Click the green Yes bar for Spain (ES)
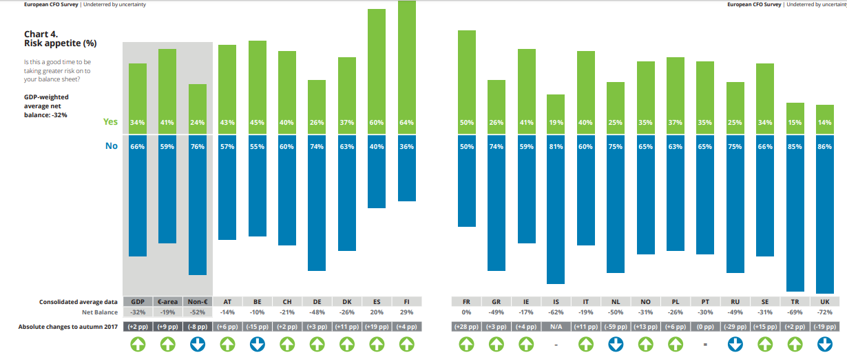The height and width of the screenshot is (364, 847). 377,72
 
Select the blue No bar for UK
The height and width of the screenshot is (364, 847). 825,214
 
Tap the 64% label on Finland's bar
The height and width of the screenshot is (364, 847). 406,123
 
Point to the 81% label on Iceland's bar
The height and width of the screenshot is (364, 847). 556,146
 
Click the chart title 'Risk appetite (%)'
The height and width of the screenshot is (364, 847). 61,43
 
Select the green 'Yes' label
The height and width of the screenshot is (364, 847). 110,122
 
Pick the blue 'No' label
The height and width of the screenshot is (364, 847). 112,146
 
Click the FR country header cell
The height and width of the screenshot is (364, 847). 466,301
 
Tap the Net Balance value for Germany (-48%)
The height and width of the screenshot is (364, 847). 317,312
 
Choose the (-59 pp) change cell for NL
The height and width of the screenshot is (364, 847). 616,327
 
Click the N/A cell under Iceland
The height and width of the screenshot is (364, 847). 556,327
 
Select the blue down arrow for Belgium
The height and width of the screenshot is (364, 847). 258,344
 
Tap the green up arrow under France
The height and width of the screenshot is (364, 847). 466,344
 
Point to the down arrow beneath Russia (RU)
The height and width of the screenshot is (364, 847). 735,344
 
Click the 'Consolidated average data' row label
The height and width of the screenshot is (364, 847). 79,302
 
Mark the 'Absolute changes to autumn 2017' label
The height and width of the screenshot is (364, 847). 68,327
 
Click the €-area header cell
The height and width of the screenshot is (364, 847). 167,301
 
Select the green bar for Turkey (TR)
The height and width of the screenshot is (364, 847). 795,119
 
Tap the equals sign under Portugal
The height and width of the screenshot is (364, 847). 705,344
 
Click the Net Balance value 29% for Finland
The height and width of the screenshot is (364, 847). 406,312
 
